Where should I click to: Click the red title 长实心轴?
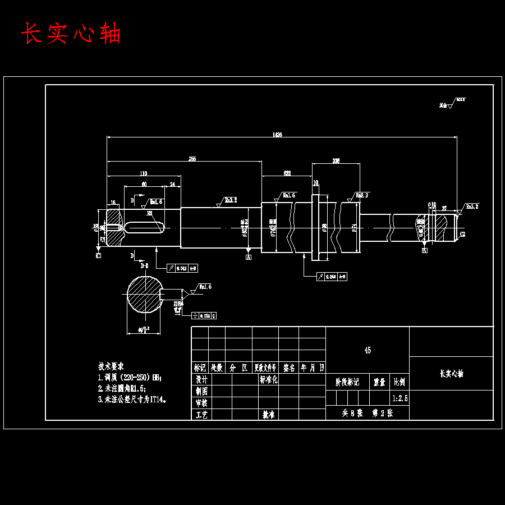(x=71, y=34)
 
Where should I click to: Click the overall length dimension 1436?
(x=277, y=135)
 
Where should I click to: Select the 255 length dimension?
(x=192, y=159)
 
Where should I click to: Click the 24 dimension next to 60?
(x=172, y=184)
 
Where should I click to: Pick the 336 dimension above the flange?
(x=336, y=161)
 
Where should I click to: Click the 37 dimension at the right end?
(x=444, y=208)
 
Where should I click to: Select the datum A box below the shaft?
(x=248, y=256)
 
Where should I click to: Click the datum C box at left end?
(x=98, y=256)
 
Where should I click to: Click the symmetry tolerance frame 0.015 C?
(x=204, y=316)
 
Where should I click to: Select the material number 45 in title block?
(x=368, y=350)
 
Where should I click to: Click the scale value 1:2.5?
(x=399, y=398)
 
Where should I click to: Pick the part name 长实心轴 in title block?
(x=451, y=374)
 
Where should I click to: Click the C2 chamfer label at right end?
(x=462, y=234)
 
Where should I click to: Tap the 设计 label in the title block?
(x=201, y=380)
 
